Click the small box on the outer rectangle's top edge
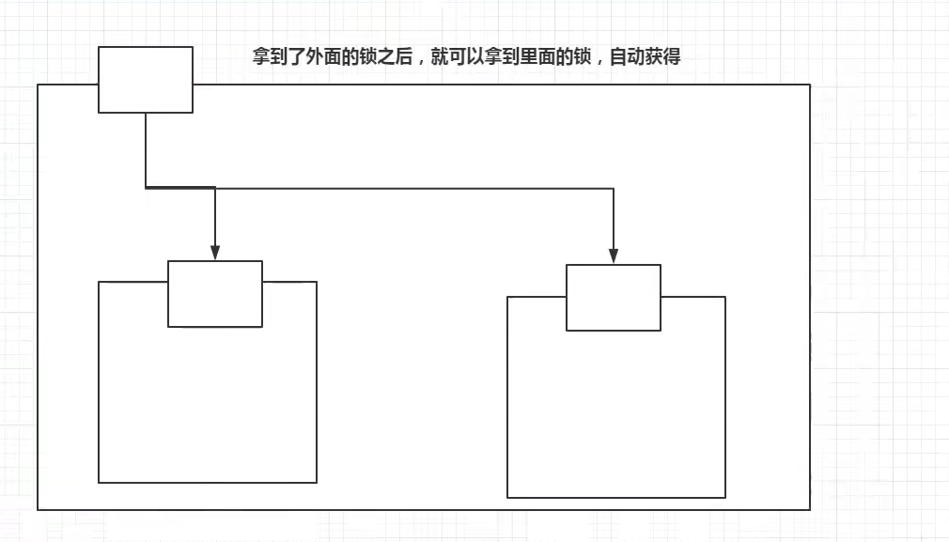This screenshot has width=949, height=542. pos(146,80)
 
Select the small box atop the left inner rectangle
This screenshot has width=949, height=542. pos(215,294)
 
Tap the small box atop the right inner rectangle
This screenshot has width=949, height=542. pos(614,298)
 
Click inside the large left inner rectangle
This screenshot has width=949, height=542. pos(207,404)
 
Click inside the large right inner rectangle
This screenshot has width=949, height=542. pos(615,413)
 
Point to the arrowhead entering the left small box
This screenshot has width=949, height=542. pos(215,253)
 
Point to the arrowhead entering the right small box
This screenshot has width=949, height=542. pos(614,256)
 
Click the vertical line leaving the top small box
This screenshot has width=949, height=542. pos(146,150)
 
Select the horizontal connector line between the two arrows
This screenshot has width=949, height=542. pos(413,188)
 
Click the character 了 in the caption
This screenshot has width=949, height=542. pos(297,57)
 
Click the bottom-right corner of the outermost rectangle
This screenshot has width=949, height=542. pos(809,509)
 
